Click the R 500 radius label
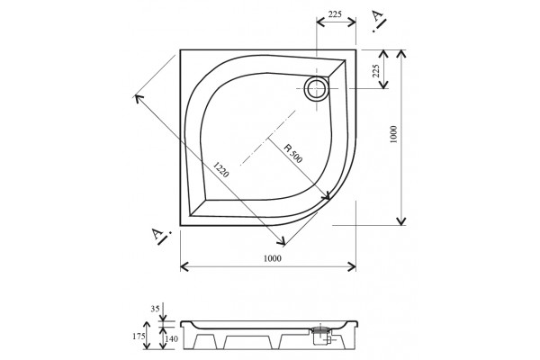click(293, 153)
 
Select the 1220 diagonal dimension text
click(220, 169)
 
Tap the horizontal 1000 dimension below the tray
click(273, 258)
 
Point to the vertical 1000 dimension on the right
click(393, 134)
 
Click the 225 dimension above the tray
click(335, 14)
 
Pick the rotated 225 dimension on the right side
click(376, 70)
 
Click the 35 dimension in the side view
click(155, 309)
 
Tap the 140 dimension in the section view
click(172, 339)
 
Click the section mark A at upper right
click(379, 21)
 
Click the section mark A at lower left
click(160, 237)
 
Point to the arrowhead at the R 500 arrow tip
click(326, 196)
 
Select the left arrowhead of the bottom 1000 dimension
click(184, 266)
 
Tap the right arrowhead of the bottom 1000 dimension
click(352, 266)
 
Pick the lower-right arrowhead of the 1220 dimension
click(282, 241)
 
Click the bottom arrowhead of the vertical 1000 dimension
click(401, 220)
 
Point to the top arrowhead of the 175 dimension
click(147, 325)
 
